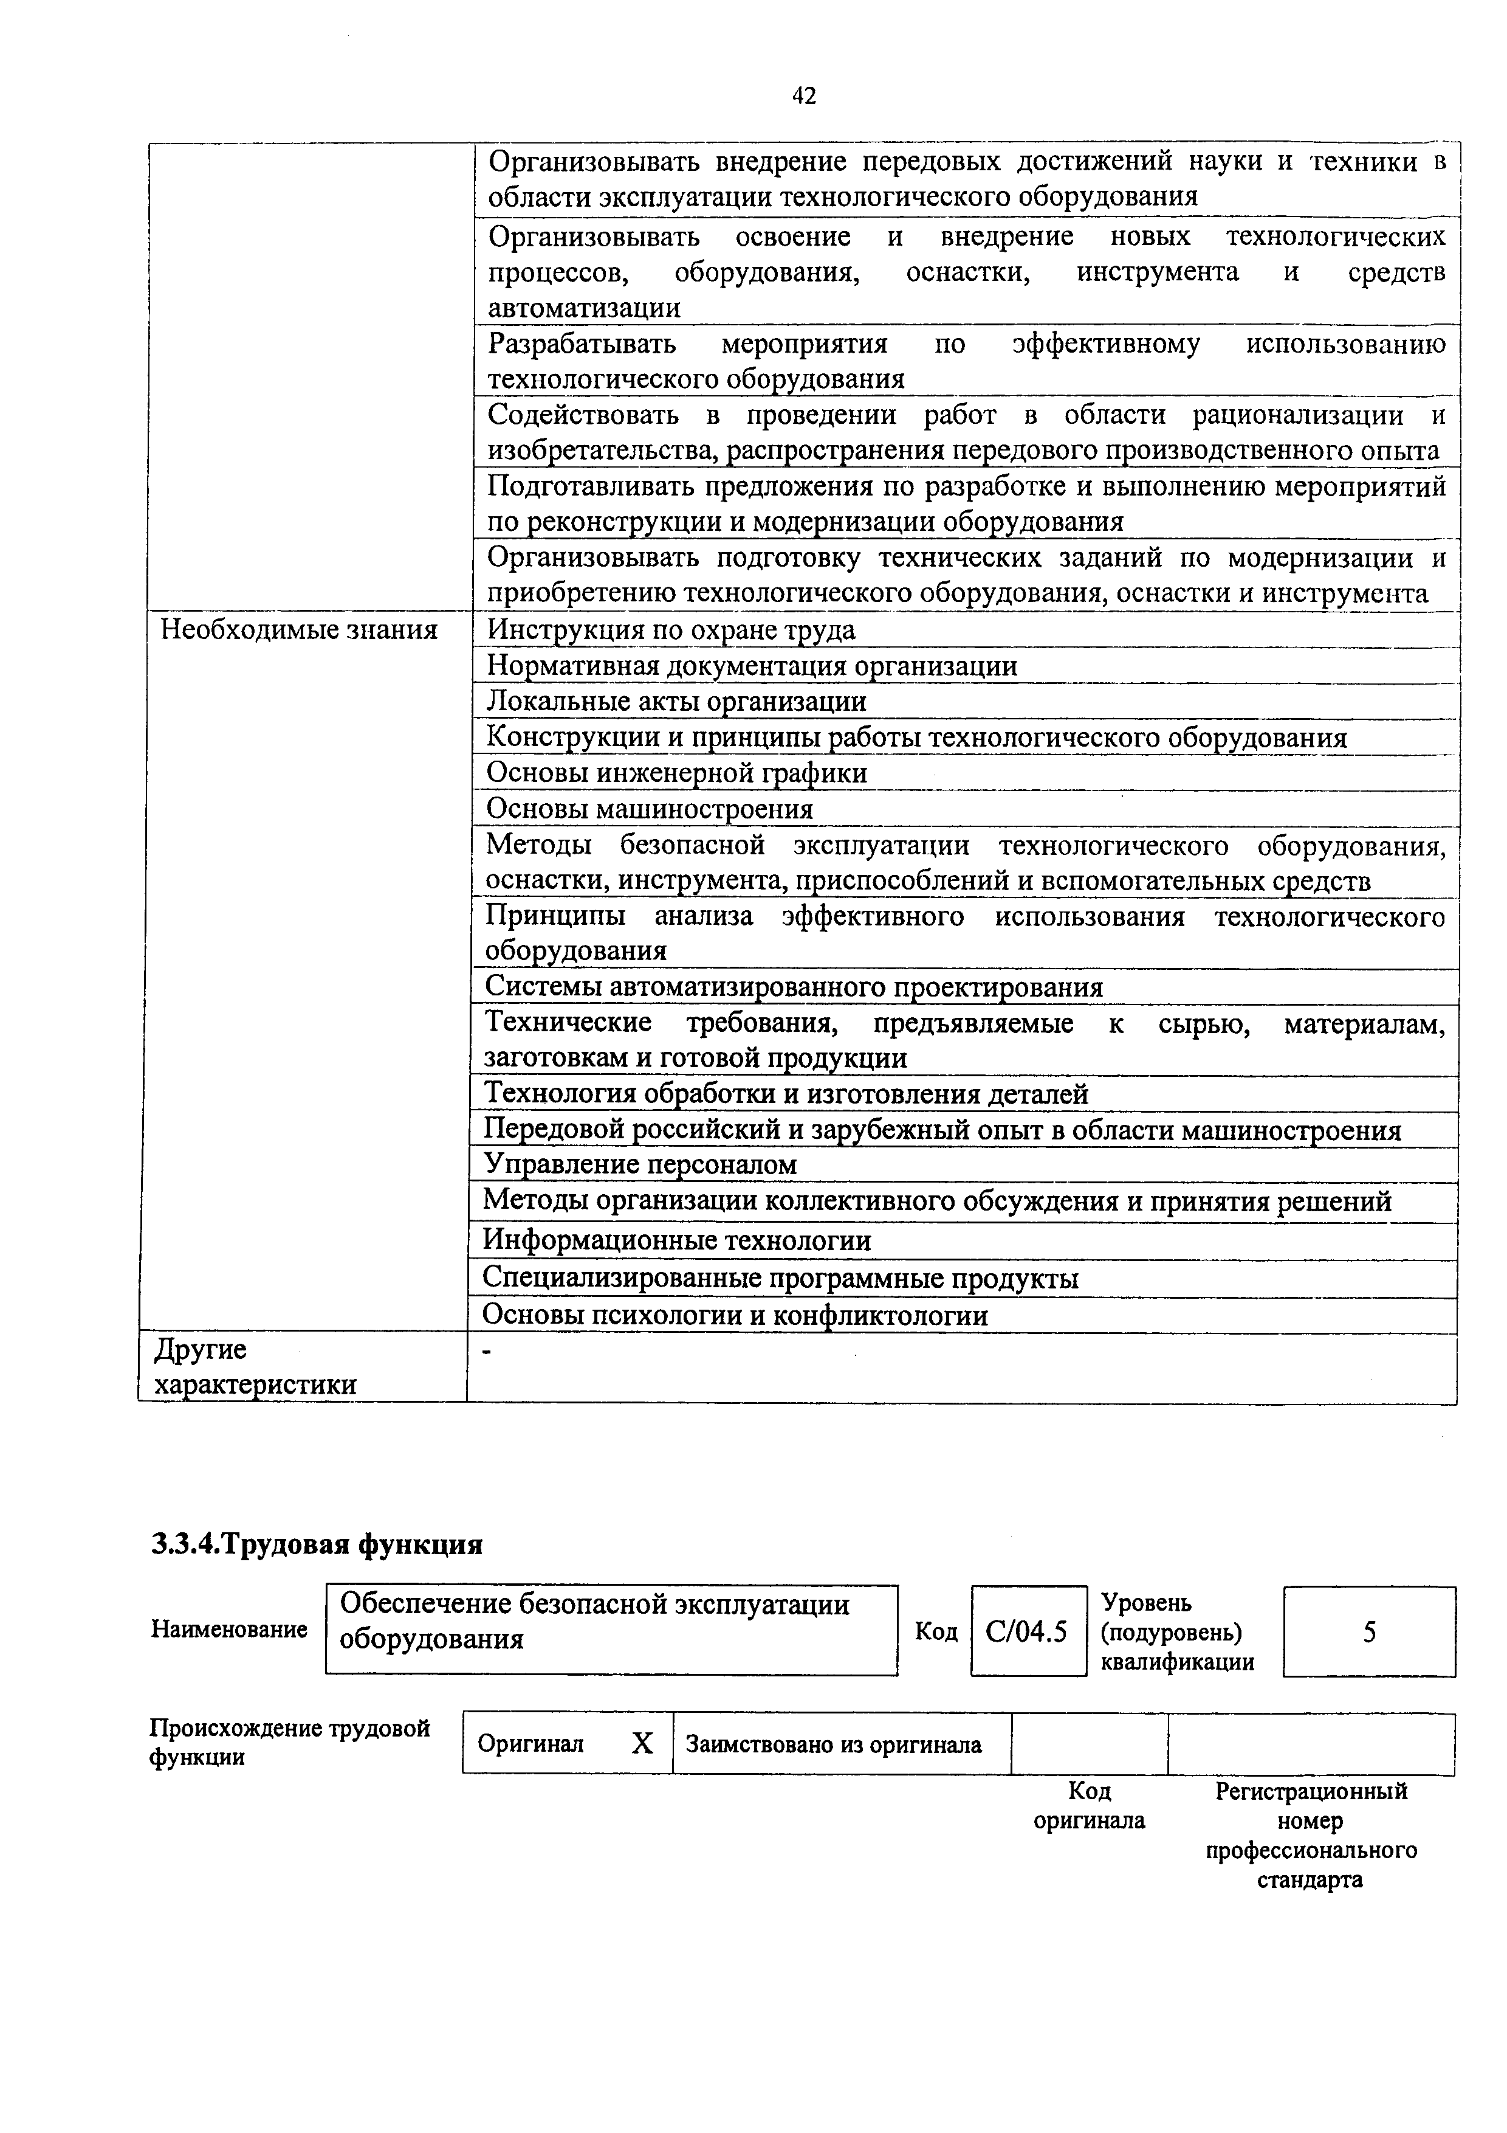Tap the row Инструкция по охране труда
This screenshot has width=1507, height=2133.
(670, 630)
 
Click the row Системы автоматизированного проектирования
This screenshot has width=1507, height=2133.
(794, 987)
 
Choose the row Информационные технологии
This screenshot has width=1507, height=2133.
(676, 1240)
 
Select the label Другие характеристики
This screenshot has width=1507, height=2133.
(255, 1367)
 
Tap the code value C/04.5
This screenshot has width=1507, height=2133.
(1027, 1631)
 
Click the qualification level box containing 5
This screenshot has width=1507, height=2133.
(1368, 1631)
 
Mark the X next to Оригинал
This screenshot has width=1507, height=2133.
(642, 1744)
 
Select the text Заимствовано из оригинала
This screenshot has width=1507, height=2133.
(833, 1744)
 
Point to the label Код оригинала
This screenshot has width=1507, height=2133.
(1089, 1805)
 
